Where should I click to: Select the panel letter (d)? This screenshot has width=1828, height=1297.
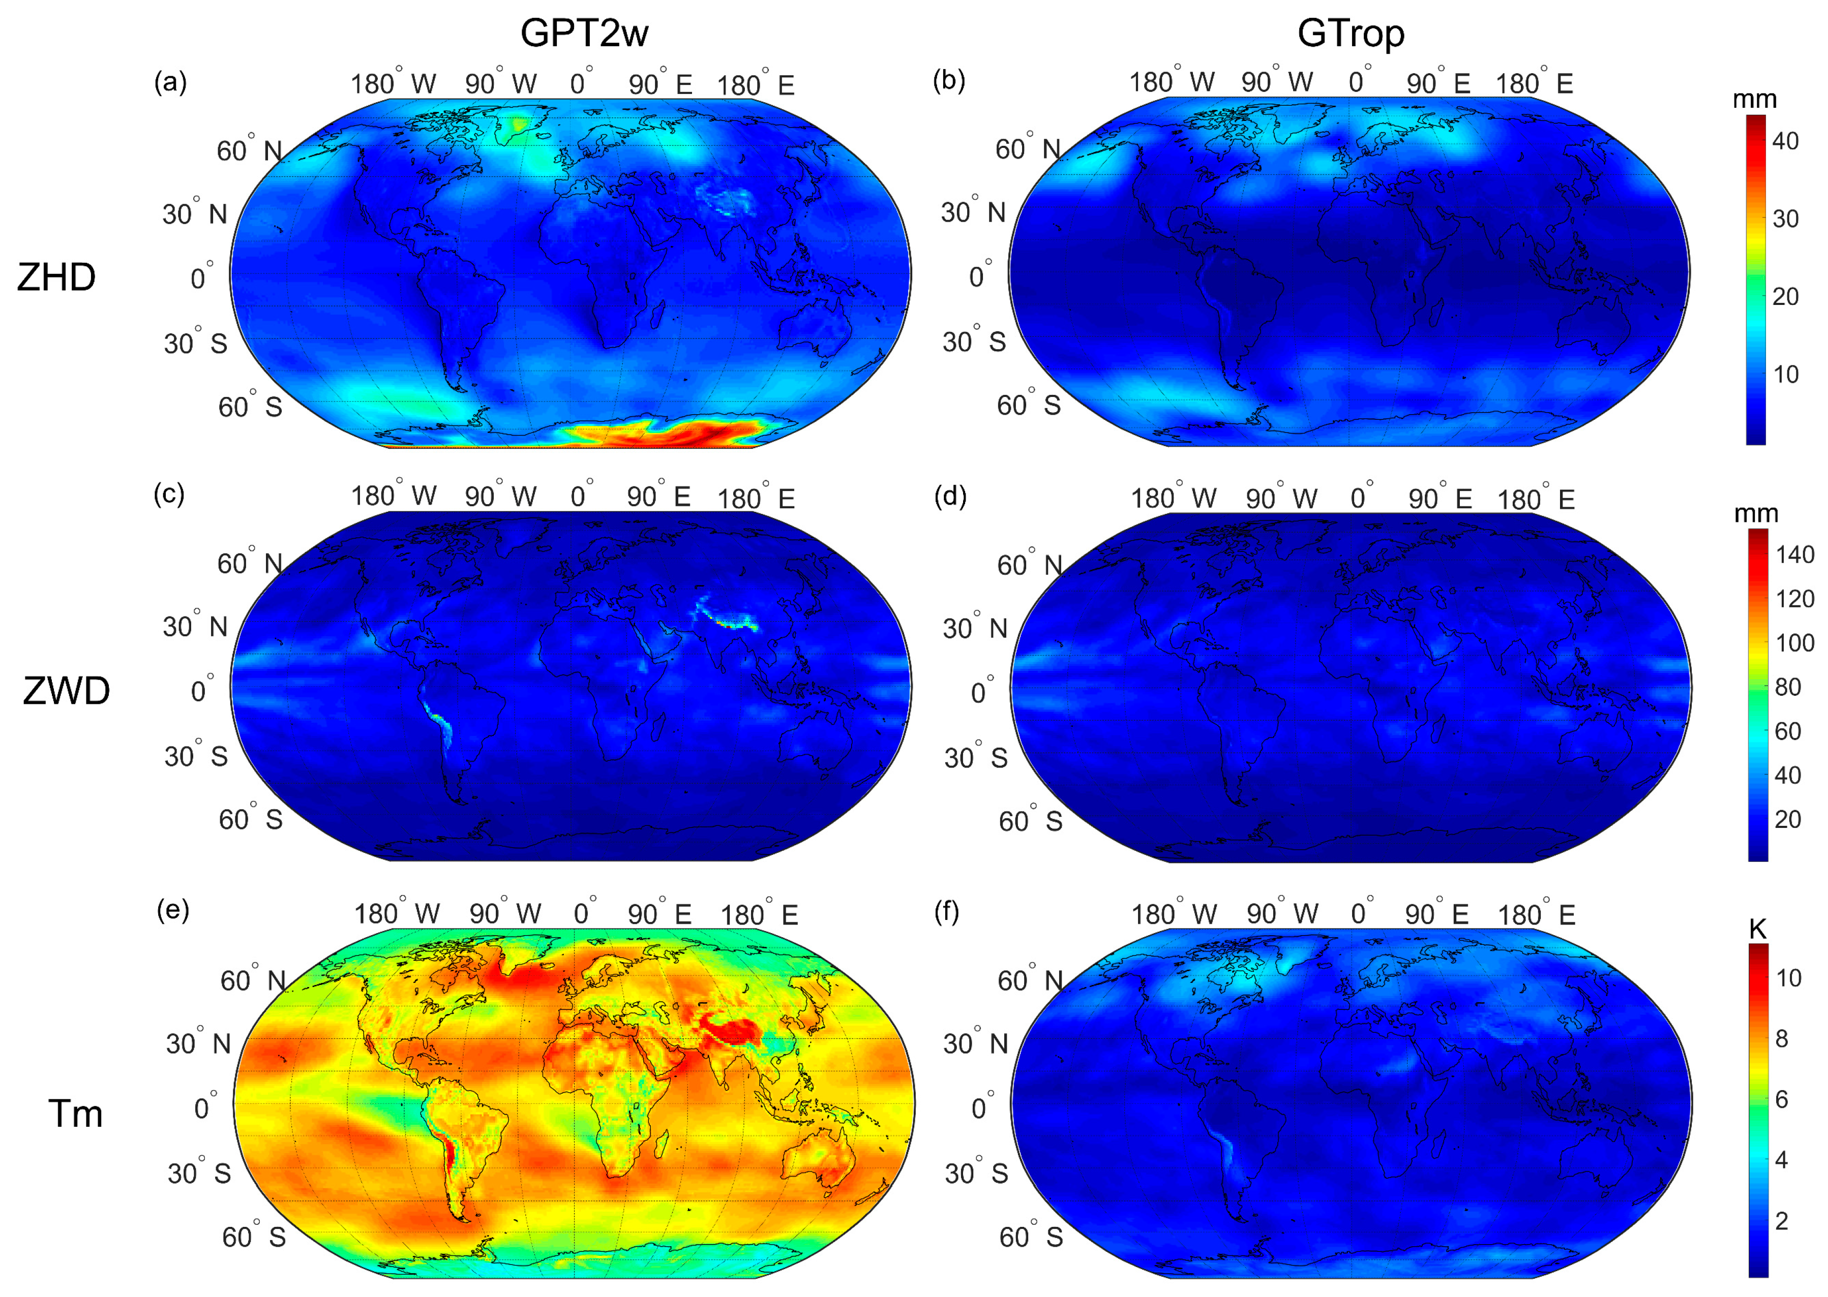(950, 497)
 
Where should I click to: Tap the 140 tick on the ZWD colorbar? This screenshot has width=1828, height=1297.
(1794, 554)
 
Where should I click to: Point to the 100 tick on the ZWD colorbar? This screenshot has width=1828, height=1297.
(1794, 643)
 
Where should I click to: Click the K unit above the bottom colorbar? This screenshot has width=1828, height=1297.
(1758, 929)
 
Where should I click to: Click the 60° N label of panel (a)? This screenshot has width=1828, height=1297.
(249, 150)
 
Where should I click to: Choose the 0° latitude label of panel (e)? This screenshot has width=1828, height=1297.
(204, 1108)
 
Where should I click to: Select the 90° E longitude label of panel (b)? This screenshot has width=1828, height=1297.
(1438, 83)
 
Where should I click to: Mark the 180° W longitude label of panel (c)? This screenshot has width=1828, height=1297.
(394, 496)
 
